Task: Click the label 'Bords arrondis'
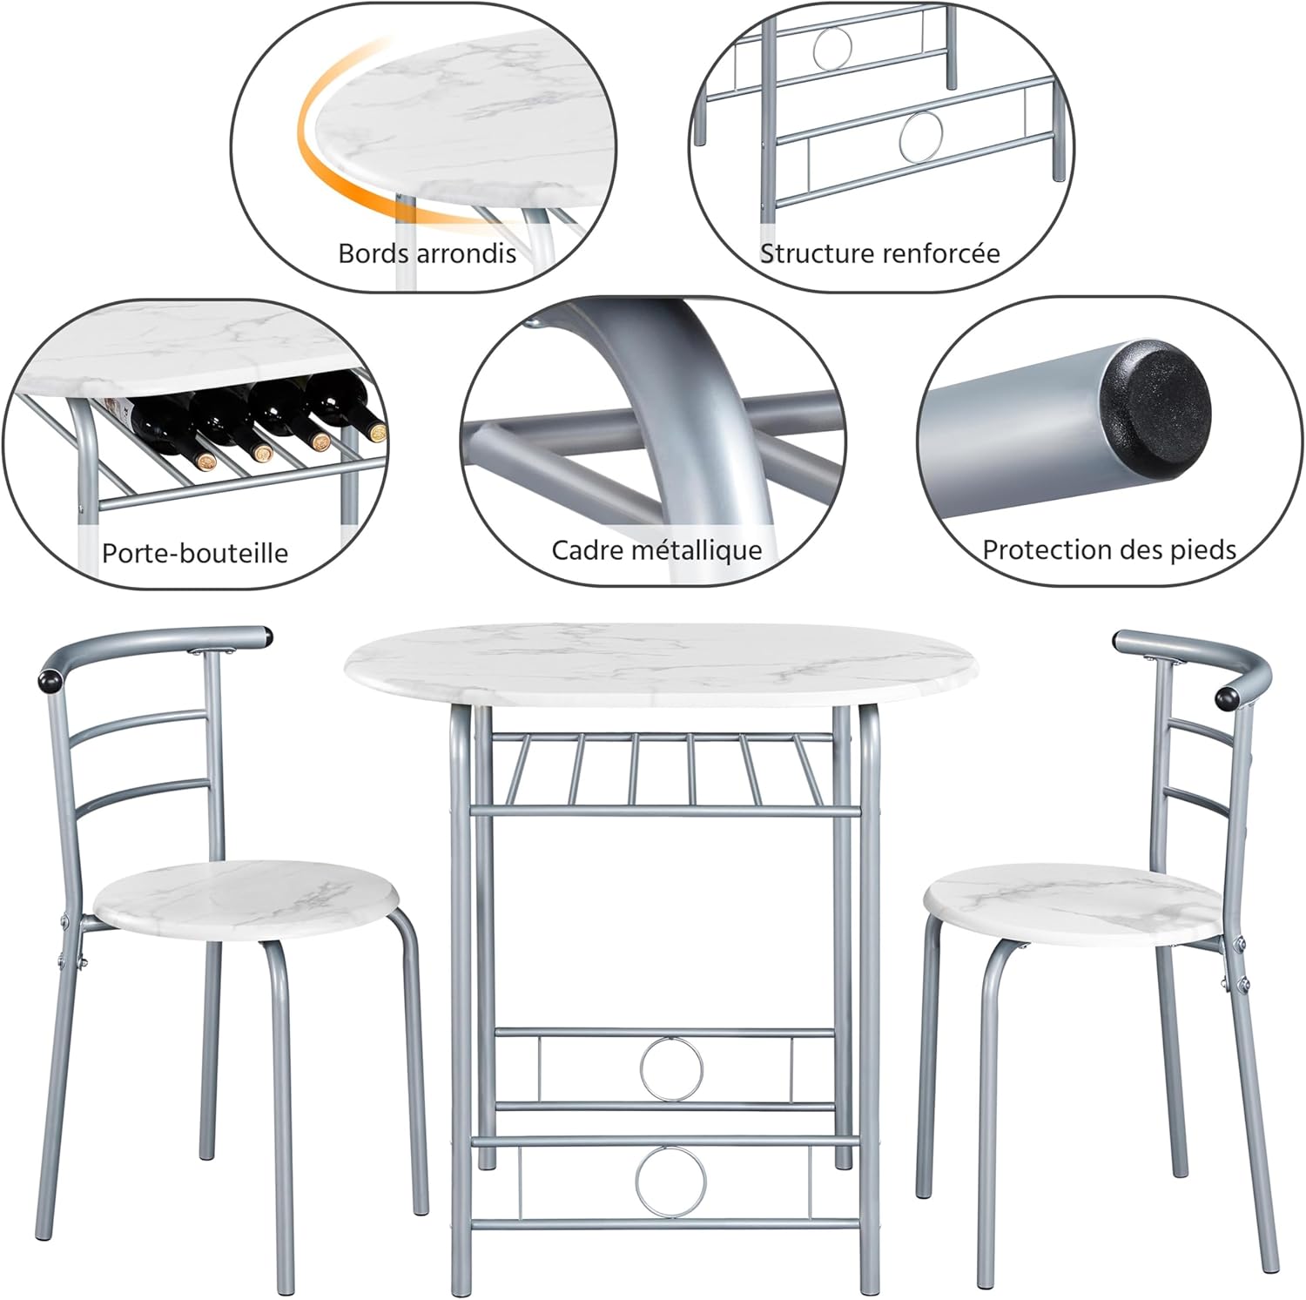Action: pos(427,253)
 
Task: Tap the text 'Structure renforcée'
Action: pos(879,253)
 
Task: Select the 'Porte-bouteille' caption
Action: pos(194,553)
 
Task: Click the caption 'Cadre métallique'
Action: pos(656,550)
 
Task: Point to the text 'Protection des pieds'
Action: pos(1108,549)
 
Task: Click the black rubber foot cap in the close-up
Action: pos(1155,404)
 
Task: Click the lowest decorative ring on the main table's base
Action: pos(671,1180)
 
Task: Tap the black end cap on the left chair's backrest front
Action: pos(49,680)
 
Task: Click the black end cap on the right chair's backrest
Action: pos(1229,697)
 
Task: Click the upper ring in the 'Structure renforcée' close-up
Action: pos(832,47)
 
